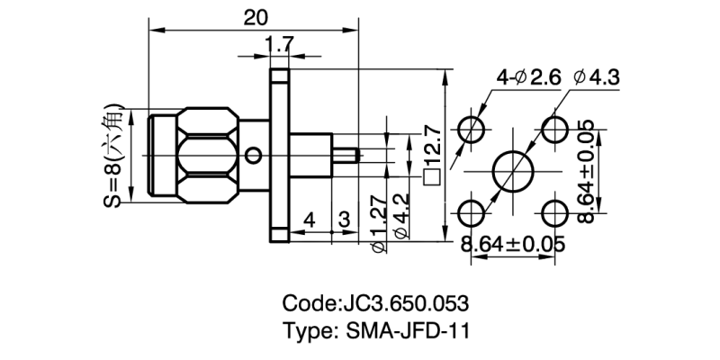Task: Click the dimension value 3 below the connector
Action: [344, 218]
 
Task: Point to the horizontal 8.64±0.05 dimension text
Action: [511, 244]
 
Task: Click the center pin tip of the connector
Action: [357, 155]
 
